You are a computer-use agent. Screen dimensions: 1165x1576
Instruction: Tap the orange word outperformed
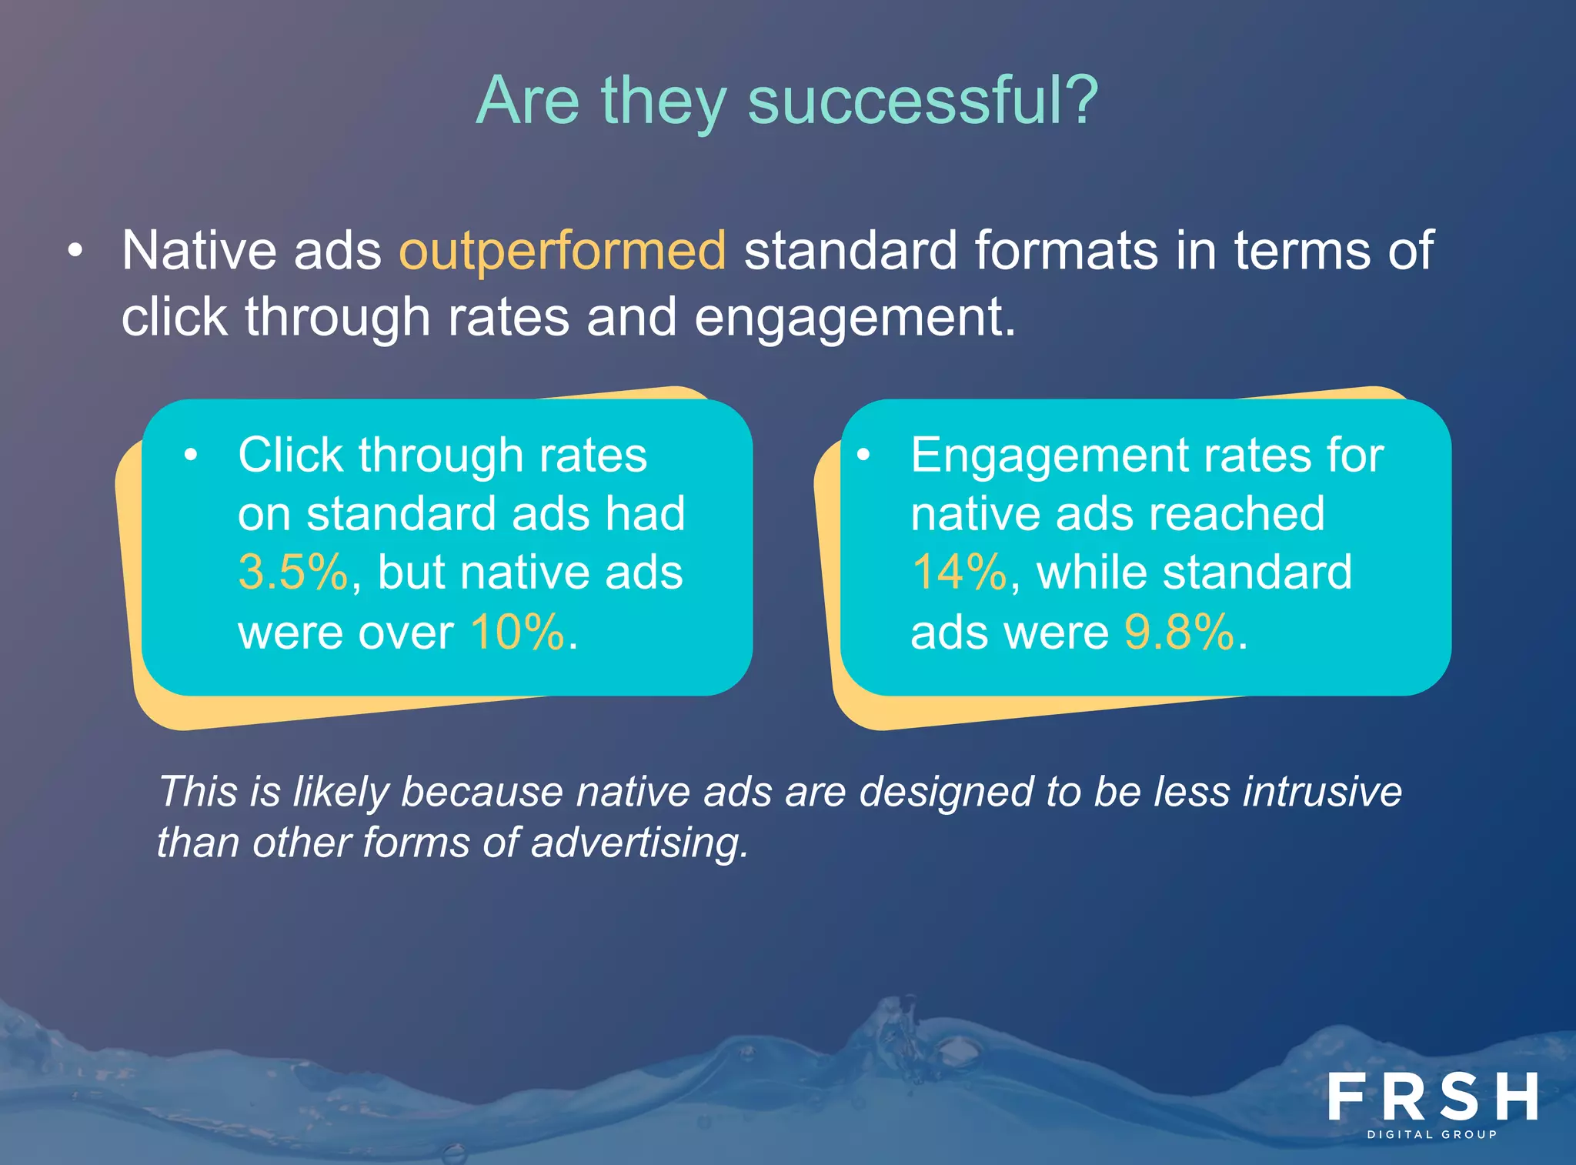[x=562, y=251]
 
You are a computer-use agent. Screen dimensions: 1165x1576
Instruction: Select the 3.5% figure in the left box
[x=292, y=572]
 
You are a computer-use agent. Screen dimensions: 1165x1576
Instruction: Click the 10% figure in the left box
[x=517, y=633]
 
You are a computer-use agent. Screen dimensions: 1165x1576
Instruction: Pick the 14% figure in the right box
[x=959, y=572]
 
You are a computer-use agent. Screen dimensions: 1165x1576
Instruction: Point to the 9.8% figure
[x=1179, y=633]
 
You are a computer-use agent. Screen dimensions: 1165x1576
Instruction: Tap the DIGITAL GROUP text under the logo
[x=1432, y=1134]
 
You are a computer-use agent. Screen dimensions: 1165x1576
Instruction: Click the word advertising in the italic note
[x=638, y=843]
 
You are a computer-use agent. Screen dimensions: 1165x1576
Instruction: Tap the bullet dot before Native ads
[x=75, y=251]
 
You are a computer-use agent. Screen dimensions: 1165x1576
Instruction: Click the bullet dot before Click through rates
[x=191, y=455]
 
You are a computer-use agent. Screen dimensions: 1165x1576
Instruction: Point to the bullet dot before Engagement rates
[x=863, y=455]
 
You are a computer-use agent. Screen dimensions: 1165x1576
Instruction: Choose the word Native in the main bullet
[x=199, y=251]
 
